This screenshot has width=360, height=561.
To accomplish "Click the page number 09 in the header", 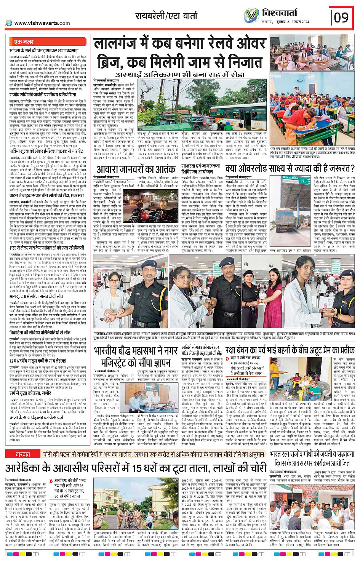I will pos(341,18).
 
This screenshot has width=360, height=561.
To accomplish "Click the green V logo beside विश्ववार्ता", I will pos(251,16).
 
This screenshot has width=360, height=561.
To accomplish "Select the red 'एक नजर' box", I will pos(24,42).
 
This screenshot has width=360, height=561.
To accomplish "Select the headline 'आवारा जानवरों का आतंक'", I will pos(136,169).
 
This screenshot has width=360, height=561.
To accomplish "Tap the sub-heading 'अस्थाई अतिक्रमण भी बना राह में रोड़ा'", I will pos(180,74).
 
